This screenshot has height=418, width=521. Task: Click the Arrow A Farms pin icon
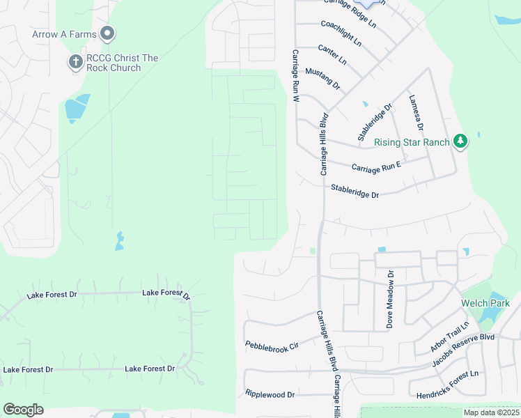point(107,33)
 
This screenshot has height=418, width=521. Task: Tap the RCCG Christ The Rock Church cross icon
point(75,62)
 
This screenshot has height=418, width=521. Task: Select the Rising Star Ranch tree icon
point(460,141)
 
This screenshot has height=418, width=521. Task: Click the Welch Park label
point(485,303)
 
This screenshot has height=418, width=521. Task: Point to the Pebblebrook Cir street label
point(272,345)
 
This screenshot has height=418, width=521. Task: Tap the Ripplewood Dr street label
point(270,394)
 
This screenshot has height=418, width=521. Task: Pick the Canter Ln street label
point(332,54)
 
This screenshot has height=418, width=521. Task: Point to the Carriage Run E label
point(376,168)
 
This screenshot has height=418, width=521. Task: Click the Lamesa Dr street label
point(416,113)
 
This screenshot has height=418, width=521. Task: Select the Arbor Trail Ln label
point(451,336)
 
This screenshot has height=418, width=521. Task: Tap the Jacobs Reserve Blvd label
point(462,346)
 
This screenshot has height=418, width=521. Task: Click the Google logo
point(24,410)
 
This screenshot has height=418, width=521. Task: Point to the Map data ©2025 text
point(490,412)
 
